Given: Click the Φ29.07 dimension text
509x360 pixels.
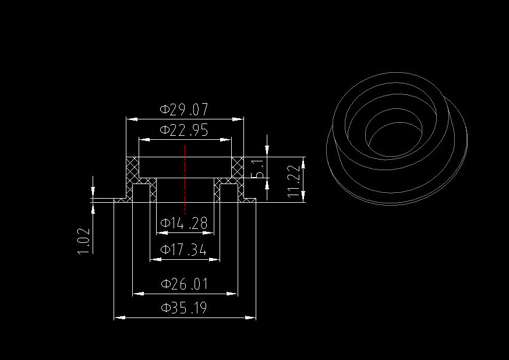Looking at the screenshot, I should pyautogui.click(x=185, y=110).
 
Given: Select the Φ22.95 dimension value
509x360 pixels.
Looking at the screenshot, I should pyautogui.click(x=185, y=130).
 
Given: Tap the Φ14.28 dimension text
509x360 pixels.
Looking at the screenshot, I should pyautogui.click(x=185, y=223).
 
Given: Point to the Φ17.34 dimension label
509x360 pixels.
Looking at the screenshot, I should pyautogui.click(x=185, y=250).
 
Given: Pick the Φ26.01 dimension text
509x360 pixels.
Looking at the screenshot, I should pyautogui.click(x=185, y=285).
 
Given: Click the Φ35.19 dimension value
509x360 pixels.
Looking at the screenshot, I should pyautogui.click(x=185, y=308).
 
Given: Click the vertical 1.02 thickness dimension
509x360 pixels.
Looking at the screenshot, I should pyautogui.click(x=84, y=241).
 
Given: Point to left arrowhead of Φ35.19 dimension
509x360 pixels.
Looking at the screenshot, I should pyautogui.click(x=118, y=317).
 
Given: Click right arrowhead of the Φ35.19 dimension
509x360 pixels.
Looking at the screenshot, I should pyautogui.click(x=253, y=317).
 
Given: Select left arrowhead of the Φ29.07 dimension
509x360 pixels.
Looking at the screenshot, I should pyautogui.click(x=131, y=119).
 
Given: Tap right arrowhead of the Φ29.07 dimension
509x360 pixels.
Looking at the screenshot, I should pyautogui.click(x=239, y=119).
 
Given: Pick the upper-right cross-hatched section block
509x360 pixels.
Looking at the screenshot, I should pyautogui.click(x=237, y=167).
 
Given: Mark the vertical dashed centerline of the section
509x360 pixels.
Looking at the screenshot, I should pyautogui.click(x=185, y=181).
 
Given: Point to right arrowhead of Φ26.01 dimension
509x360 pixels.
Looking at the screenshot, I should pyautogui.click(x=234, y=294).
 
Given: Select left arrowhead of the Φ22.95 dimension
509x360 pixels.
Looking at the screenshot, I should pyautogui.click(x=143, y=140).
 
